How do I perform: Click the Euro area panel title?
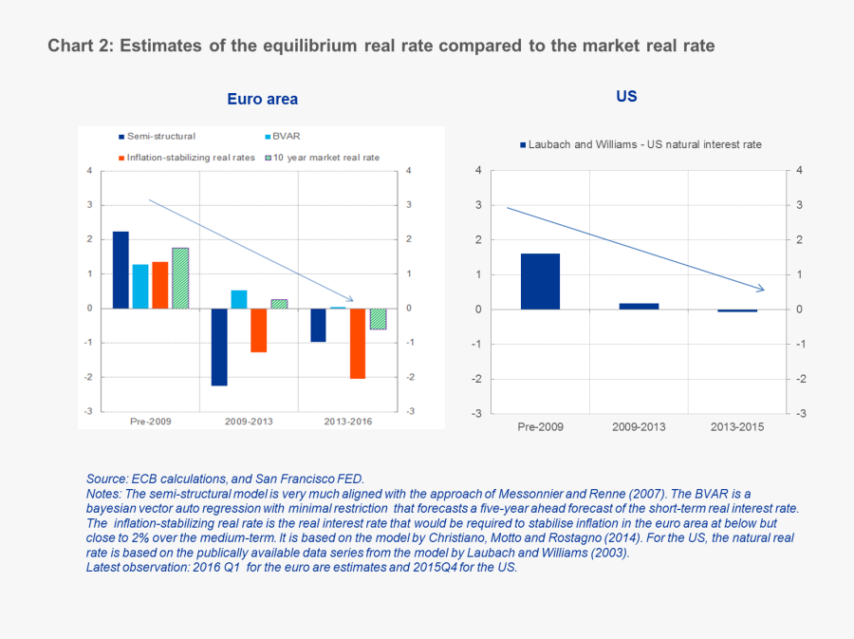click(262, 99)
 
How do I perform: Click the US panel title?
click(626, 96)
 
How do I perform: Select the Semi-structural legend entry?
click(157, 137)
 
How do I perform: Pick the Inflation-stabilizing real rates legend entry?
click(186, 158)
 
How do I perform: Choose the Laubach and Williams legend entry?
click(640, 144)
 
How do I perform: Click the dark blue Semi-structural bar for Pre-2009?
click(121, 270)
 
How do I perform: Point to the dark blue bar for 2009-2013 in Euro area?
click(219, 347)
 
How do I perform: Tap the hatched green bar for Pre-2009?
click(180, 277)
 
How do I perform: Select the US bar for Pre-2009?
click(540, 281)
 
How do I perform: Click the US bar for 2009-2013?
click(639, 306)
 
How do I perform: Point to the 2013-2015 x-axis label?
click(737, 426)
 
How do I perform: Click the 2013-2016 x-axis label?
click(347, 420)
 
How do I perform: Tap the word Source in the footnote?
click(107, 479)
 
